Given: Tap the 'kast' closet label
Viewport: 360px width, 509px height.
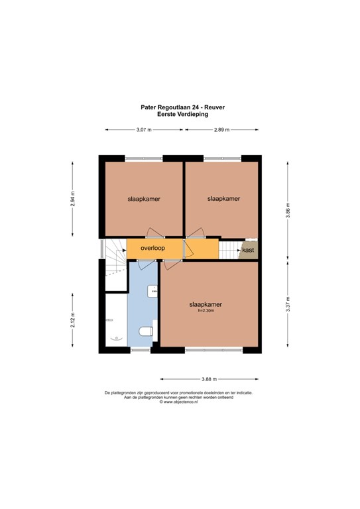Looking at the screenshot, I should [x=248, y=250].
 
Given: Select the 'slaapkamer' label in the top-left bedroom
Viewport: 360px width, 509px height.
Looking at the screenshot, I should [x=144, y=198].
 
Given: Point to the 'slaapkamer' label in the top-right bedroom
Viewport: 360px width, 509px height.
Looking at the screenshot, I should [x=223, y=198].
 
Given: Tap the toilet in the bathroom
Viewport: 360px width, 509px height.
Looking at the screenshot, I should [x=146, y=331].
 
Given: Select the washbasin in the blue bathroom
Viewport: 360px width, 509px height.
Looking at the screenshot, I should [x=154, y=290].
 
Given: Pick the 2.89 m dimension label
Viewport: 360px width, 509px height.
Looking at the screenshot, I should [x=221, y=130].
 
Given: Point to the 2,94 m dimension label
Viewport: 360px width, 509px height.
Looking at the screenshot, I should [x=74, y=199].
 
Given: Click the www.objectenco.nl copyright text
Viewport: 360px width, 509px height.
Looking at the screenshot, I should [x=178, y=402].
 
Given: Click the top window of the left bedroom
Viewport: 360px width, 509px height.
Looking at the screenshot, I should [x=144, y=158].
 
